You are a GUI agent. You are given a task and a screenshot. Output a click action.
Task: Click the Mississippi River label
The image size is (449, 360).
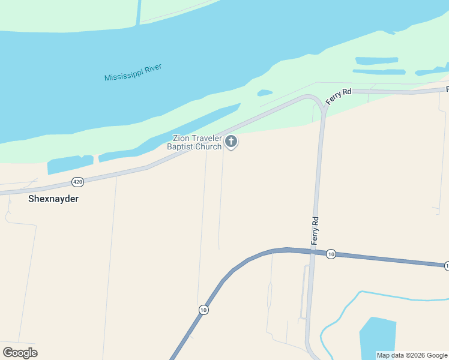(133, 73)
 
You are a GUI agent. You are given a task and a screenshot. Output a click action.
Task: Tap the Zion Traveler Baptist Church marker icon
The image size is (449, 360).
(231, 142)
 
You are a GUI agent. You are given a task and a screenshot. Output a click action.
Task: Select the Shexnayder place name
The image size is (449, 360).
(53, 198)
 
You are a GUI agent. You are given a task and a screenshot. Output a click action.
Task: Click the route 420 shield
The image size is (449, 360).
(77, 181)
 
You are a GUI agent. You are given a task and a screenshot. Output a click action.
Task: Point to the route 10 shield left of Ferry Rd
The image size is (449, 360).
(203, 310)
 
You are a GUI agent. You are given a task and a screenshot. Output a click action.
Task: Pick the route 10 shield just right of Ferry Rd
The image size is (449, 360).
(331, 254)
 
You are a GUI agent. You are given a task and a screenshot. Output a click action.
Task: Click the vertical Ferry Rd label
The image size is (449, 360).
(314, 230)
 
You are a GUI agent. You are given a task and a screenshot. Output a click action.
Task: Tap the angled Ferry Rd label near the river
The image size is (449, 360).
(338, 96)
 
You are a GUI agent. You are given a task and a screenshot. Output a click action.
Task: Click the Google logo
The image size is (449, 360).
(20, 353)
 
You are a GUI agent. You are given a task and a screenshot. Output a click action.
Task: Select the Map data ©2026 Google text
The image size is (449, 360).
(412, 355)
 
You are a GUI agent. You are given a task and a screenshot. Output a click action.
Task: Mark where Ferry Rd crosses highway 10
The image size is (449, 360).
(312, 252)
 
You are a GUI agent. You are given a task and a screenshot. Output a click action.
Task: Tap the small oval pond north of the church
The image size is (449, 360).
(265, 93)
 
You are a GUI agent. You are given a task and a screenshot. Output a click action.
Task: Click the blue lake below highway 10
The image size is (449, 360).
(377, 339)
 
